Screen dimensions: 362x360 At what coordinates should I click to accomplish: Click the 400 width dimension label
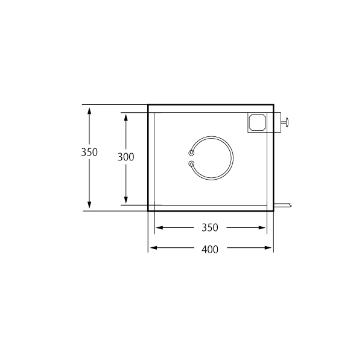click(x=210, y=250)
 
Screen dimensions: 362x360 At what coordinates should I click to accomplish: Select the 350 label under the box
click(x=210, y=227)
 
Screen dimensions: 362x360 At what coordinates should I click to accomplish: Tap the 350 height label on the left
click(x=89, y=152)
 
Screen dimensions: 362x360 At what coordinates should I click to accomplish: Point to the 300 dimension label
click(x=126, y=157)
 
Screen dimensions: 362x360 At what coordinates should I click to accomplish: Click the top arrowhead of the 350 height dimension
click(x=89, y=111)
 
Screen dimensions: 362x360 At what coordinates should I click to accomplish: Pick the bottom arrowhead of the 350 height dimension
click(x=89, y=204)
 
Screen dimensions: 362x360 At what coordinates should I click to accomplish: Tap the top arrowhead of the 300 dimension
click(x=126, y=118)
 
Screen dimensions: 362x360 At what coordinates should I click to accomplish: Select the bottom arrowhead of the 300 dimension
click(x=126, y=200)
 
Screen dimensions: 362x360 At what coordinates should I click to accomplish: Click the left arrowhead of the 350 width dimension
click(x=159, y=228)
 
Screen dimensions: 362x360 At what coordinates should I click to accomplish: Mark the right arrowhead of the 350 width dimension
click(x=262, y=228)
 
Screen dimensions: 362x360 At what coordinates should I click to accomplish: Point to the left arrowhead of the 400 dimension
click(x=153, y=248)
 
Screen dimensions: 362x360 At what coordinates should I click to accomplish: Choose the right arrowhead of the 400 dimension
click(x=268, y=248)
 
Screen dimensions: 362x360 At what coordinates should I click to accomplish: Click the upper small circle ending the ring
click(x=191, y=153)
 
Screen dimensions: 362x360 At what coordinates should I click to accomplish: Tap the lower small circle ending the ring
click(x=191, y=164)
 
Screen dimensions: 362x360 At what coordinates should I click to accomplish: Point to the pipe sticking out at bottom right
click(x=282, y=205)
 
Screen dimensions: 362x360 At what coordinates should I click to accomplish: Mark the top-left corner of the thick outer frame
click(x=148, y=105)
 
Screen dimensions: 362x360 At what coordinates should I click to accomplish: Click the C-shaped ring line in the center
click(x=232, y=158)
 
